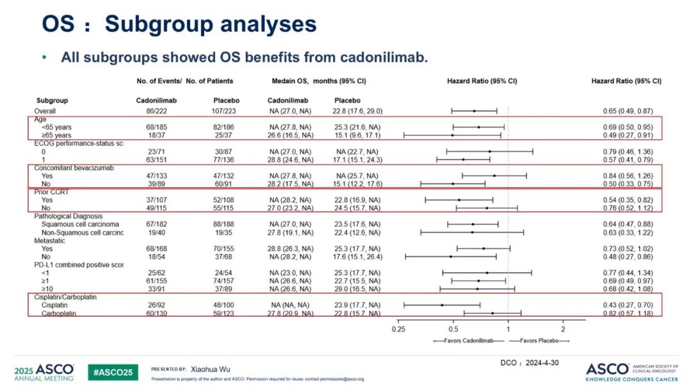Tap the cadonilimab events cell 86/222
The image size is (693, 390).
(149, 111)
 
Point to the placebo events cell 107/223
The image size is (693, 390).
(226, 111)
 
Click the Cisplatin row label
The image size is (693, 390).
(56, 305)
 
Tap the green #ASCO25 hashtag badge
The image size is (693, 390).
(113, 372)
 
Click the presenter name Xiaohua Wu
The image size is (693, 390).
(215, 369)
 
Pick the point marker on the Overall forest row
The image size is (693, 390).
(474, 111)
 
